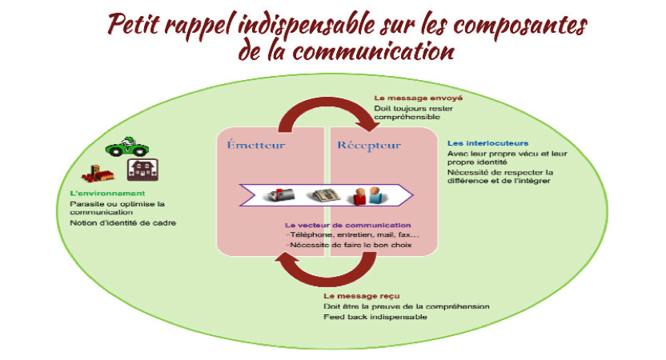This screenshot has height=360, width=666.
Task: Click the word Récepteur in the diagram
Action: [369, 146]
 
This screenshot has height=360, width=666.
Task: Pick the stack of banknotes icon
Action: [326, 194]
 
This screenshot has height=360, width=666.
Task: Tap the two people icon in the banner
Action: [368, 194]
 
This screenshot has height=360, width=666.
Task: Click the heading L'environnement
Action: [106, 194]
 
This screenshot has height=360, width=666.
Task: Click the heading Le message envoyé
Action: [418, 98]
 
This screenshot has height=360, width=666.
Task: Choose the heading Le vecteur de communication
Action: [348, 226]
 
